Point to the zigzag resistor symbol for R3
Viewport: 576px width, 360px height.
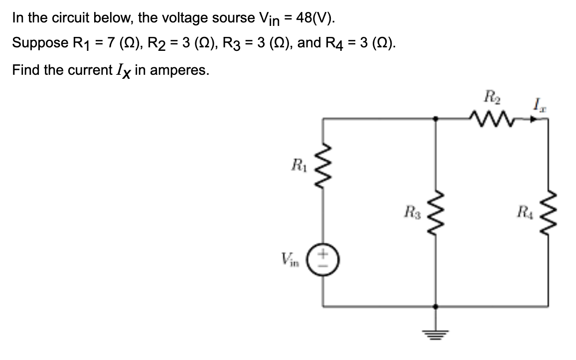(x=436, y=216)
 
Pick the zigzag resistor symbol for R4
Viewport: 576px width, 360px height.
(x=548, y=216)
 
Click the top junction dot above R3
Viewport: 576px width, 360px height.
(x=436, y=119)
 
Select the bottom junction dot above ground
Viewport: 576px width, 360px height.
(x=436, y=307)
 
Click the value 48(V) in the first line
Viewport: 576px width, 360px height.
(x=315, y=18)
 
